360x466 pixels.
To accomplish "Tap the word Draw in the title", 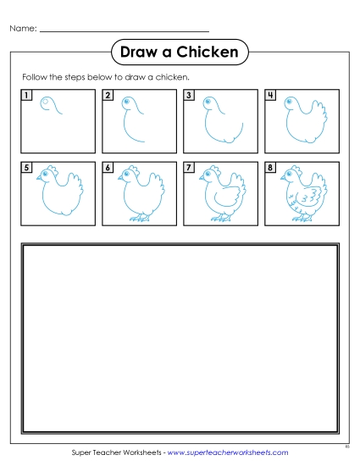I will click(x=141, y=53).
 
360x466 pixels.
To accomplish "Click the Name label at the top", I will click(x=23, y=30).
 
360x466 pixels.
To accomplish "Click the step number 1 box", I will click(x=26, y=95).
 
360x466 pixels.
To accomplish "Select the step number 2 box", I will click(x=108, y=95).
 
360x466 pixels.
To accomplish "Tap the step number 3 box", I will click(x=189, y=95).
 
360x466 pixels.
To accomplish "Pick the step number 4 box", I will click(x=270, y=95).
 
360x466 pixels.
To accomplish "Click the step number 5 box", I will click(x=26, y=168).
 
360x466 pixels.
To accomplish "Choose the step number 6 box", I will click(x=108, y=168).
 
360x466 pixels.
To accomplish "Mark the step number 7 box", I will click(x=189, y=168).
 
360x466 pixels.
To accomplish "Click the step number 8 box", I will click(x=270, y=168).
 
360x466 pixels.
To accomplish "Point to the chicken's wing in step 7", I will click(x=222, y=198).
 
